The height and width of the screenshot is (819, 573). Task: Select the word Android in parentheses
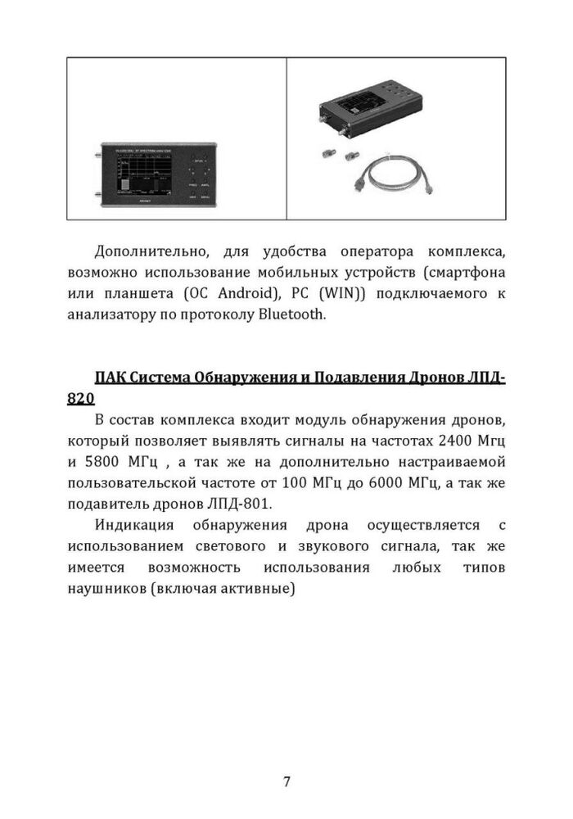(242, 293)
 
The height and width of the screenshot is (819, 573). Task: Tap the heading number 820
(81, 399)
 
